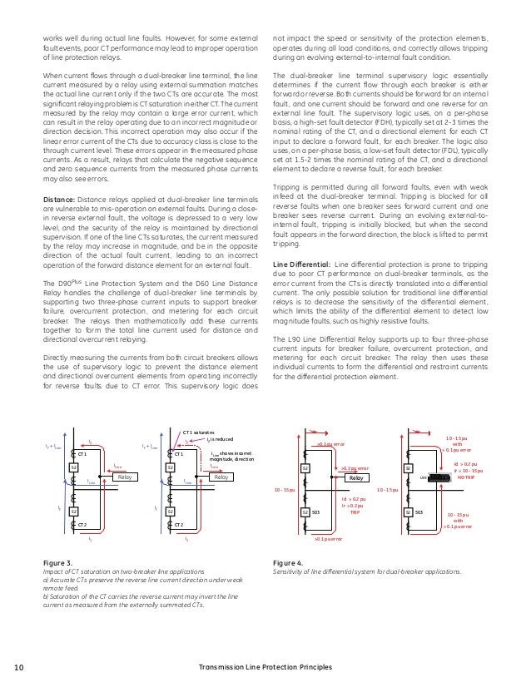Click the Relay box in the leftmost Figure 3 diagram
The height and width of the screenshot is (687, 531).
126,478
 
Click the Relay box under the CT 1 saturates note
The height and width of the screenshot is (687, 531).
221,478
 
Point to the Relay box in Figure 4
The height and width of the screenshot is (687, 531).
356,478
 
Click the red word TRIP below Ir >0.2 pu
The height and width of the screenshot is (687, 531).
353,513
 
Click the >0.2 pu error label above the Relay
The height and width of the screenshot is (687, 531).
355,468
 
